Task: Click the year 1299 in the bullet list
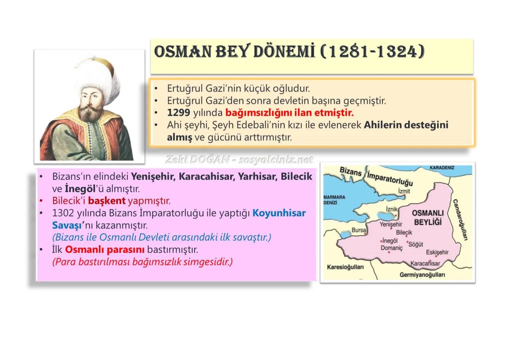click(x=178, y=113)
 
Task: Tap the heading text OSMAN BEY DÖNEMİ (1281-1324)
click(x=289, y=52)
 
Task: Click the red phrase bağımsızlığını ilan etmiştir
click(x=289, y=113)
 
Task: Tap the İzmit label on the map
click(x=404, y=191)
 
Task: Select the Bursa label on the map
click(x=359, y=230)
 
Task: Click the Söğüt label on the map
click(x=416, y=244)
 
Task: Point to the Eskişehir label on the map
click(x=437, y=252)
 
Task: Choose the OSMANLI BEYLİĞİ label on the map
click(x=428, y=217)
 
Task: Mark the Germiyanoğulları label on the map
click(x=422, y=275)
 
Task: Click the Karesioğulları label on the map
click(x=345, y=267)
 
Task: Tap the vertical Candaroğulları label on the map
click(x=460, y=220)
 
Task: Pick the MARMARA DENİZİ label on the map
click(x=334, y=200)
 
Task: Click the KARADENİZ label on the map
click(x=442, y=168)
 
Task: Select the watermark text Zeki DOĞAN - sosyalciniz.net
click(x=239, y=160)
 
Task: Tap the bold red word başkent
click(x=107, y=201)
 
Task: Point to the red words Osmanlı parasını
click(x=105, y=250)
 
